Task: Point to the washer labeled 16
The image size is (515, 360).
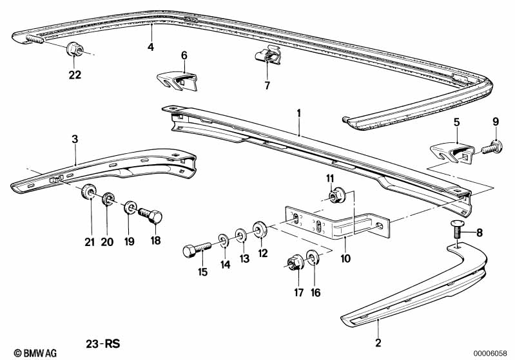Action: coord(313,260)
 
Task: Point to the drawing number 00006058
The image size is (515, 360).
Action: coord(492,352)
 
